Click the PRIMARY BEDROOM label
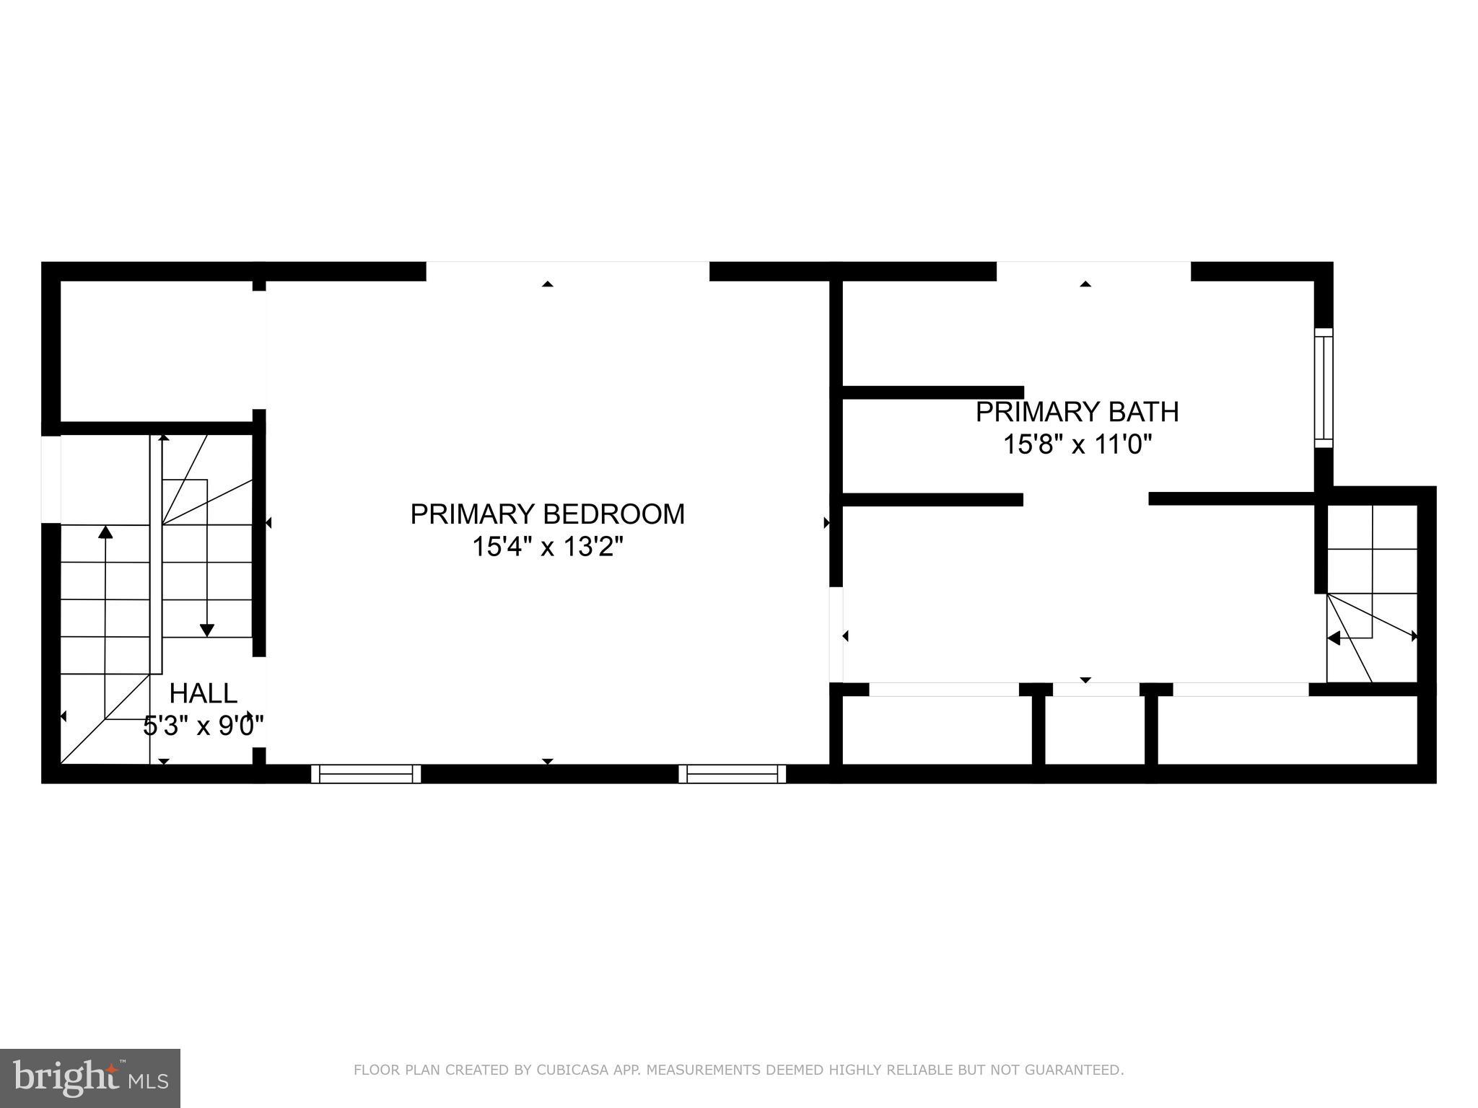pyautogui.click(x=547, y=514)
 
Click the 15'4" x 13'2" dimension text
pyautogui.click(x=547, y=547)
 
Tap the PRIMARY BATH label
pyautogui.click(x=1077, y=412)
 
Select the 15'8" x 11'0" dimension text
pyautogui.click(x=1077, y=444)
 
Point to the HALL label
pyautogui.click(x=203, y=693)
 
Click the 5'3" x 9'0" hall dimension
pyautogui.click(x=203, y=725)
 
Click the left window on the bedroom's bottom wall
pyautogui.click(x=366, y=774)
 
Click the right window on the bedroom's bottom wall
pyautogui.click(x=733, y=774)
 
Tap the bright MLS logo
pyautogui.click(x=89, y=1078)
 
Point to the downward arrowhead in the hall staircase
pyautogui.click(x=207, y=630)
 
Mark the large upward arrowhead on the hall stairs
pyautogui.click(x=105, y=532)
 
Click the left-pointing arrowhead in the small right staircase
pyautogui.click(x=1334, y=638)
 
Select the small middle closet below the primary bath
pyautogui.click(x=1095, y=730)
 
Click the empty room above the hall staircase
pyautogui.click(x=156, y=351)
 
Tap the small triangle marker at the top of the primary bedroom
pyautogui.click(x=548, y=284)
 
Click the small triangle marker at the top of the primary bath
pyautogui.click(x=1085, y=284)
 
